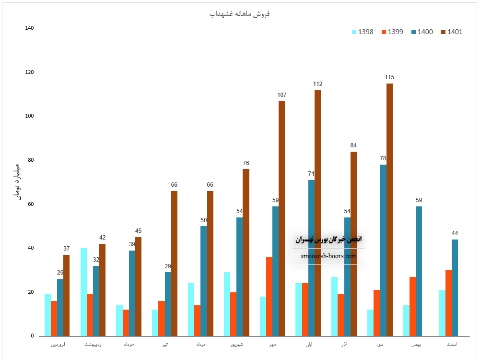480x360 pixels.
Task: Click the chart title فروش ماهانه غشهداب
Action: point(240,13)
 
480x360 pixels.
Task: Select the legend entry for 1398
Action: point(363,32)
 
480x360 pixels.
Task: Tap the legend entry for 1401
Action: point(451,32)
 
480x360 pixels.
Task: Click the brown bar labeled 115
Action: point(389,210)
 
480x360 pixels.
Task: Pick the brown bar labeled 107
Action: point(281,218)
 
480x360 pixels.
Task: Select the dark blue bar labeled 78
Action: point(383,250)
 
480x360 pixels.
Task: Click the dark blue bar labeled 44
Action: point(455,288)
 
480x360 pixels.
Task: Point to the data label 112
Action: point(317,84)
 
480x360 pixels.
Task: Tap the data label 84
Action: point(353,145)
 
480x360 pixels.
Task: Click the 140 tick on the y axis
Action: point(30,28)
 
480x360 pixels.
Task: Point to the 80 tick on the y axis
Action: point(31,160)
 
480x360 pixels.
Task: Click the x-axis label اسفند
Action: point(452,344)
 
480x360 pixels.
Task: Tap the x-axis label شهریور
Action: point(236,344)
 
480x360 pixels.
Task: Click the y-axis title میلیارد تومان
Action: point(17,182)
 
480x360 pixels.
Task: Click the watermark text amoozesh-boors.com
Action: point(329,256)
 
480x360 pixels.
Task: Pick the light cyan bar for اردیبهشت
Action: point(83,292)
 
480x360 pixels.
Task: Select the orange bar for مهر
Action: point(269,296)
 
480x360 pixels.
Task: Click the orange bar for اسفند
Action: point(448,303)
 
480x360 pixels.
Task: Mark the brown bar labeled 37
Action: point(66,295)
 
